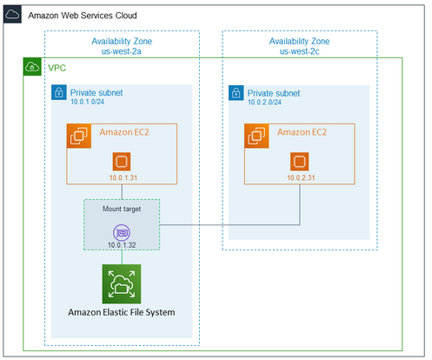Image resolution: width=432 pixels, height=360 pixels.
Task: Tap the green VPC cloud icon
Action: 33,67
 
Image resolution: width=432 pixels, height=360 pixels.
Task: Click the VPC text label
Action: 57,67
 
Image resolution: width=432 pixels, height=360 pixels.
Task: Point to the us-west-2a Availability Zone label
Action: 123,47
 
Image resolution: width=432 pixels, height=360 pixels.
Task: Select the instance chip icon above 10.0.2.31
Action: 299,162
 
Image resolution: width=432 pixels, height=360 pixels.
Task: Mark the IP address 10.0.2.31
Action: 299,177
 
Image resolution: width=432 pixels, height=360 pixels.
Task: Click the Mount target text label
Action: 122,210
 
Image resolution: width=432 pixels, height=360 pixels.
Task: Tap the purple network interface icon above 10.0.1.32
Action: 122,231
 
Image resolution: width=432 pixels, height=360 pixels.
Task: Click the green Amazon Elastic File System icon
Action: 122,283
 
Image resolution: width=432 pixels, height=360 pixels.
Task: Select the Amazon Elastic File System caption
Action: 123,313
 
